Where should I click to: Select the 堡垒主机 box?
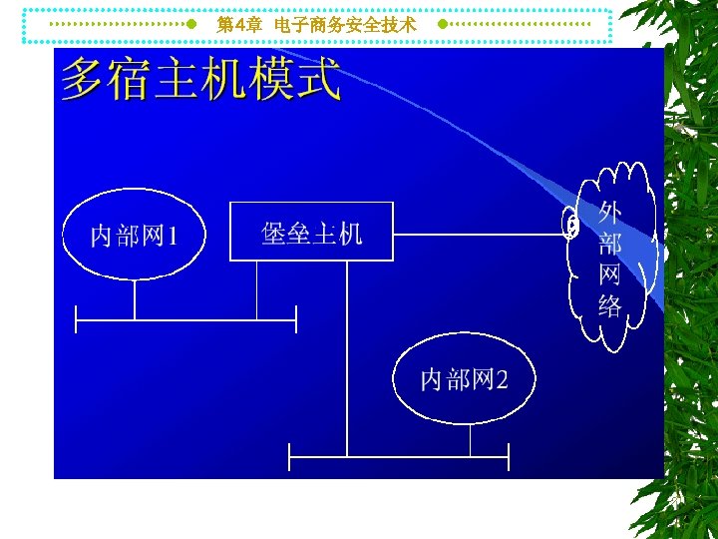click(311, 232)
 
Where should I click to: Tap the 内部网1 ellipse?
click(134, 236)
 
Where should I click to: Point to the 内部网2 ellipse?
click(464, 379)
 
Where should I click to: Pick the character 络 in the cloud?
click(610, 305)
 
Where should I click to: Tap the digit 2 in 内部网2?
click(502, 379)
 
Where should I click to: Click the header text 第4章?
click(239, 24)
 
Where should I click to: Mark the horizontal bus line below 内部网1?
click(185, 319)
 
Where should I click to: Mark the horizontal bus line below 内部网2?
click(399, 456)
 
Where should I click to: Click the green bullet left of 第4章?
click(191, 23)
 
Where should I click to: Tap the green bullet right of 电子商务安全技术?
click(442, 23)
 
